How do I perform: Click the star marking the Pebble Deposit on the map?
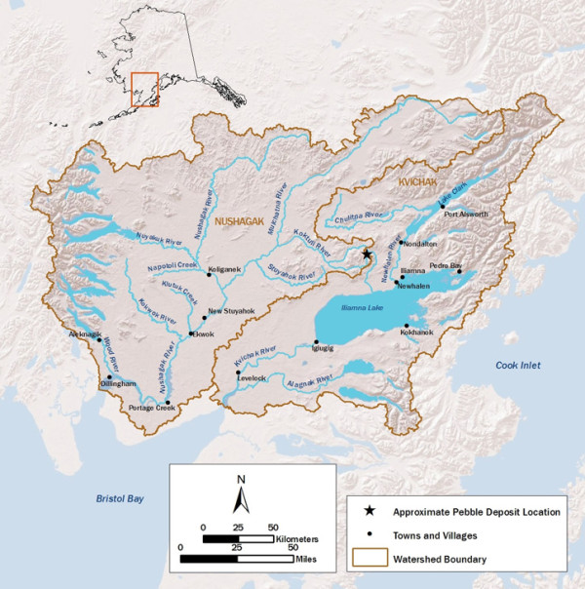pos(367,255)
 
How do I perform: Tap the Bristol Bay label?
pos(119,498)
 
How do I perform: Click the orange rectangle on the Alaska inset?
pos(144,89)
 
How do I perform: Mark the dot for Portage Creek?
pos(169,403)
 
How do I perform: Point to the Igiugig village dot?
pos(316,341)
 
